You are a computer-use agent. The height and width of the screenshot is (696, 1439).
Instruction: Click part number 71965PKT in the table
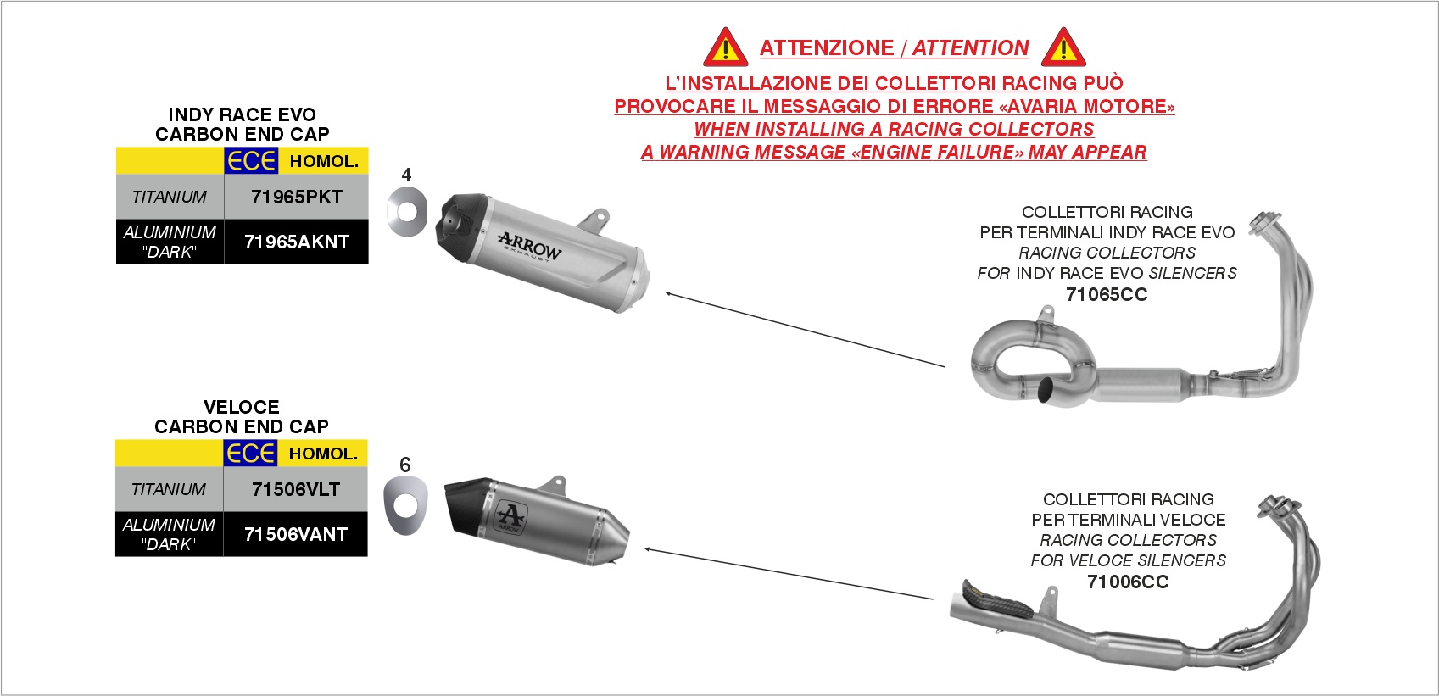[x=296, y=198]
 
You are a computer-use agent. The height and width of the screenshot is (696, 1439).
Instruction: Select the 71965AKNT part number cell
[x=296, y=242]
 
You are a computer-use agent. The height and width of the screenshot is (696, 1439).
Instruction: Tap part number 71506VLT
[x=295, y=489]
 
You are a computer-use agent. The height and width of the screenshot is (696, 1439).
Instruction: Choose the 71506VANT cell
[x=295, y=534]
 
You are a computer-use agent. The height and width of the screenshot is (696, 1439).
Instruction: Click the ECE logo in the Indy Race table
[x=251, y=160]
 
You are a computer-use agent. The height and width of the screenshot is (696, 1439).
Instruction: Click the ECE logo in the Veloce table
[x=250, y=454]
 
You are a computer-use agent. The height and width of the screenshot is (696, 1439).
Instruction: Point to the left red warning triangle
[x=725, y=47]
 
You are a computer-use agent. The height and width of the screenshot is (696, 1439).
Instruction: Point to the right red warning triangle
[x=1063, y=47]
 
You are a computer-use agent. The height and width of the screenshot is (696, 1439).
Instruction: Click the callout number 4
[x=406, y=175]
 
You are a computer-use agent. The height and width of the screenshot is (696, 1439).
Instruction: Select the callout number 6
[x=404, y=465]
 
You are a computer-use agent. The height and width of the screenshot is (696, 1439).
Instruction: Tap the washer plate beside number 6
[x=405, y=506]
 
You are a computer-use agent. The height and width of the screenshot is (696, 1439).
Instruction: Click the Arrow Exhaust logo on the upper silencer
[x=529, y=247]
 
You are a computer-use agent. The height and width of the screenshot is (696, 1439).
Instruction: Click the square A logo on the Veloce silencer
[x=510, y=518]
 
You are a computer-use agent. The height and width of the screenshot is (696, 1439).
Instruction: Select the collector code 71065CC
[x=1107, y=295]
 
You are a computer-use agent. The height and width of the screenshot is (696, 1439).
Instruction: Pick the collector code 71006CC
[x=1128, y=582]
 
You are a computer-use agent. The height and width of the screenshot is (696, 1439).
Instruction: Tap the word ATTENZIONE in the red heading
[x=826, y=48]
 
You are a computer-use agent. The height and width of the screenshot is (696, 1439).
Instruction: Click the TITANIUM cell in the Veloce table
[x=169, y=489]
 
